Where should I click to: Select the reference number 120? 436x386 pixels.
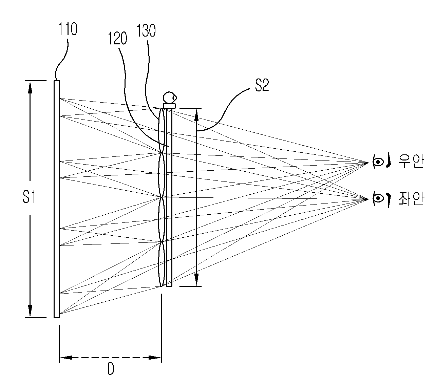click(x=117, y=39)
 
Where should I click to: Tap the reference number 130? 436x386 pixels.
click(x=146, y=30)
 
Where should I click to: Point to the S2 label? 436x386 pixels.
click(x=262, y=85)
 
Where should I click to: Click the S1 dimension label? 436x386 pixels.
click(x=29, y=197)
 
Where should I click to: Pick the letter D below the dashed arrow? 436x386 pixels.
click(x=111, y=369)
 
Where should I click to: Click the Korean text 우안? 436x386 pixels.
click(x=411, y=161)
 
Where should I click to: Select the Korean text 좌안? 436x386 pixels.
click(x=411, y=199)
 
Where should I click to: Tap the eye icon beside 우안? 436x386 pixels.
click(x=381, y=161)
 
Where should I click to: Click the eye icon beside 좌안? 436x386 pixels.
click(x=381, y=199)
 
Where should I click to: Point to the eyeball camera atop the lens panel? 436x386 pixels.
click(x=170, y=98)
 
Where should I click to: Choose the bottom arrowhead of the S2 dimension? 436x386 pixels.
click(x=196, y=280)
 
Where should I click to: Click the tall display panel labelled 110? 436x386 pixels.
click(x=57, y=199)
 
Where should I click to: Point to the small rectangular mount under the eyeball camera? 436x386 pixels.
click(x=169, y=106)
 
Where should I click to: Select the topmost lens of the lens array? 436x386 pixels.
click(x=162, y=130)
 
